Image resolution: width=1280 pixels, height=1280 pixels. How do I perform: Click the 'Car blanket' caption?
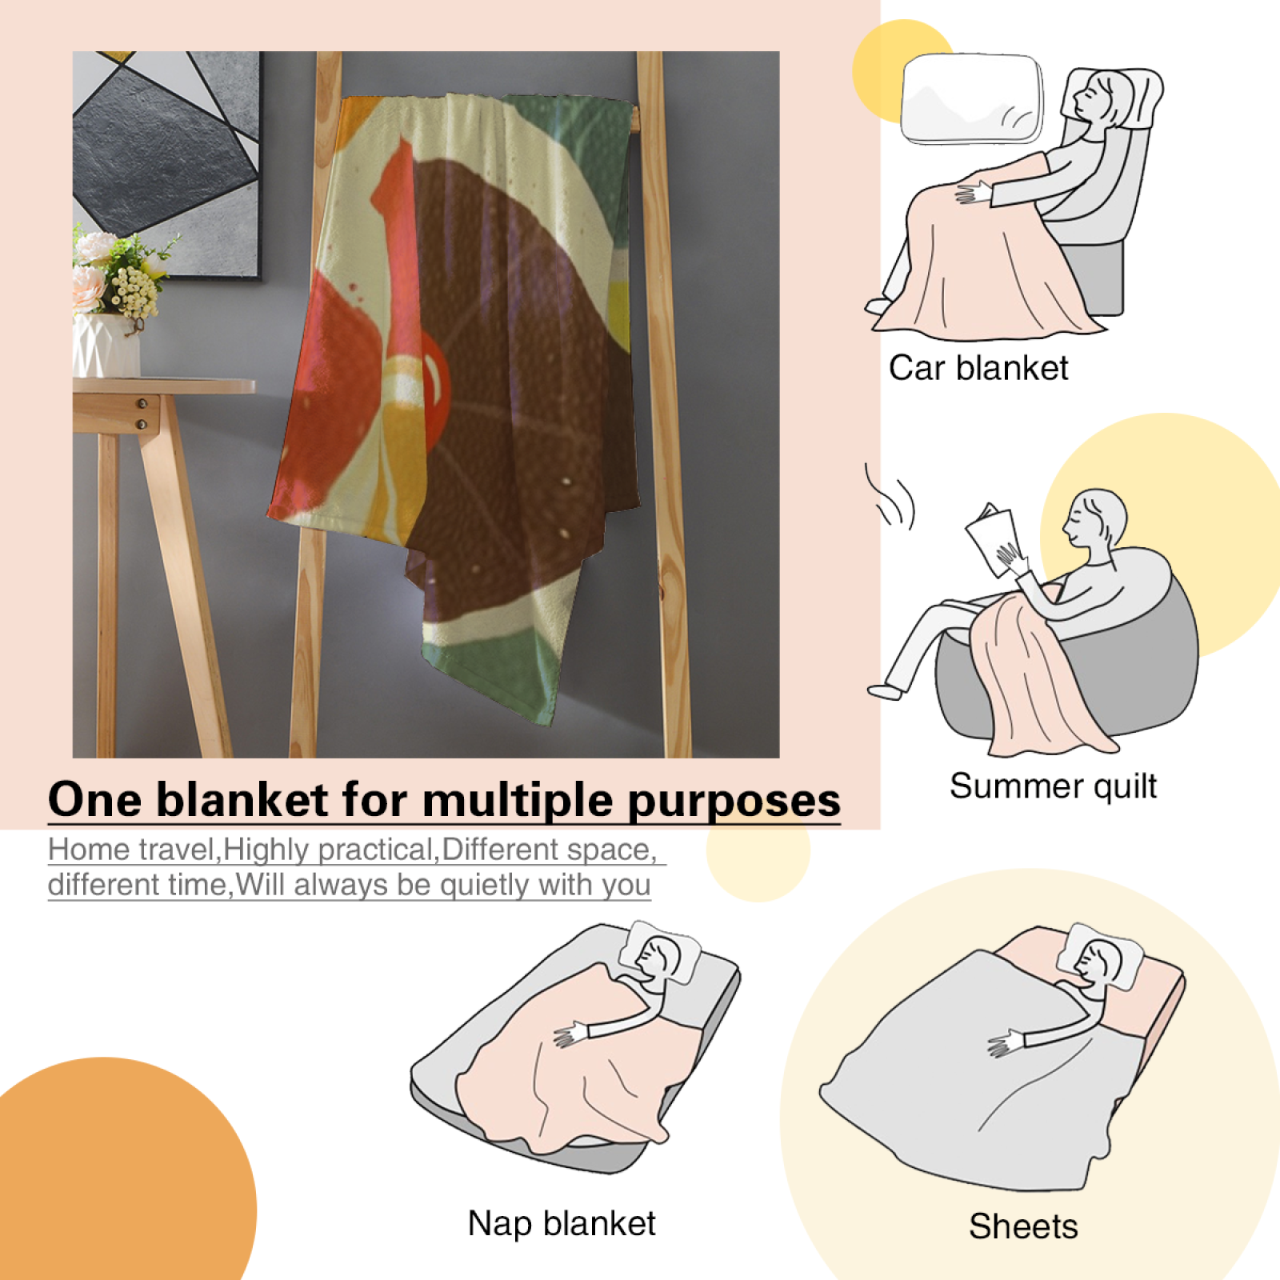[x=978, y=368]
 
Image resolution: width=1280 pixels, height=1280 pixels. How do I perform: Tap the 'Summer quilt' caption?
[x=1053, y=786]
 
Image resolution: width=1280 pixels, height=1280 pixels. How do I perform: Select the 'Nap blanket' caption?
[x=562, y=1223]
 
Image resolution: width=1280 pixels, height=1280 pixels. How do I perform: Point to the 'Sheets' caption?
[x=1023, y=1226]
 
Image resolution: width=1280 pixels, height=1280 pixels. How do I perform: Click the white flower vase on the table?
[x=106, y=345]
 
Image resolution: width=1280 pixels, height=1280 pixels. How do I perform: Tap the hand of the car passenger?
[x=973, y=193]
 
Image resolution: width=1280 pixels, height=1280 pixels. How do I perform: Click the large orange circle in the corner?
[x=120, y=1172]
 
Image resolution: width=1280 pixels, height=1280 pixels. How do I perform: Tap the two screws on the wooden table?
[x=142, y=414]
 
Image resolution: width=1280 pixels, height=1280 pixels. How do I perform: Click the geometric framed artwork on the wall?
[x=166, y=164]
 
